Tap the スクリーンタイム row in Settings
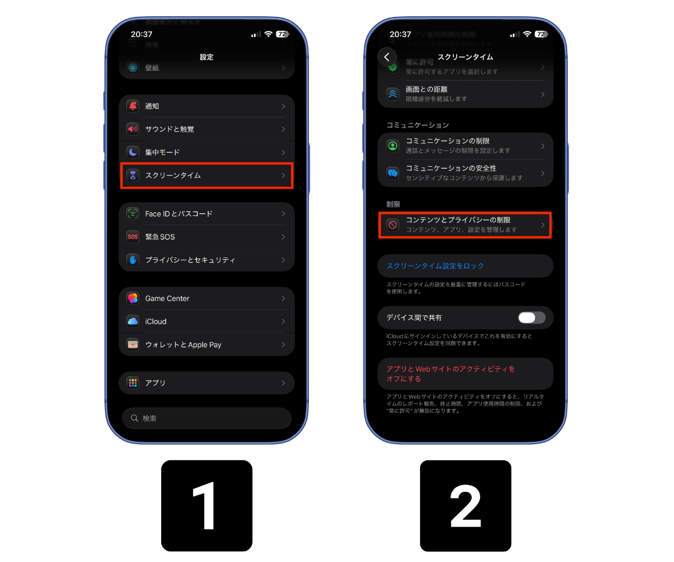pos(206,175)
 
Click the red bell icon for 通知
pos(133,106)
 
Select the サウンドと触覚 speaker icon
pos(133,129)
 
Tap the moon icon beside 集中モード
pos(133,152)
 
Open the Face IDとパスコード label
pos(179,214)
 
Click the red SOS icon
pos(133,237)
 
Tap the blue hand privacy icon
pos(133,260)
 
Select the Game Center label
pos(167,298)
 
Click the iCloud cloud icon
pos(133,321)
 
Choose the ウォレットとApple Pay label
pos(183,345)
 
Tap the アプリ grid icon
pos(133,383)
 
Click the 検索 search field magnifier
pos(135,419)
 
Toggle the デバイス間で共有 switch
pos(531,318)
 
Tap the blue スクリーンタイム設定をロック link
pos(435,266)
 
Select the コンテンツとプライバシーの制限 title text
pos(458,220)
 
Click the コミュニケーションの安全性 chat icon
pos(393,173)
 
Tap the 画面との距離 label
pos(427,89)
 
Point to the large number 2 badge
pos(466,506)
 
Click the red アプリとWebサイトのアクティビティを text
pos(450,369)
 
